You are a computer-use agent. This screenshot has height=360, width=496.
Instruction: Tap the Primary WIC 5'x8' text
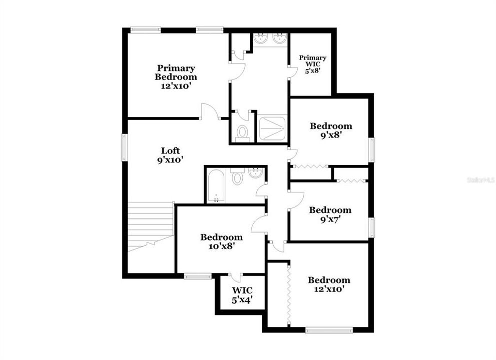pyautogui.click(x=313, y=64)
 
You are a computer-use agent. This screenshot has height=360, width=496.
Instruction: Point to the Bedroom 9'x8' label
pyautogui.click(x=330, y=130)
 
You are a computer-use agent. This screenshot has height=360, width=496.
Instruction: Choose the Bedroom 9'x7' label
pyautogui.click(x=330, y=214)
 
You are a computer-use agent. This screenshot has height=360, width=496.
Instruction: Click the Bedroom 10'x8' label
pyautogui.click(x=221, y=241)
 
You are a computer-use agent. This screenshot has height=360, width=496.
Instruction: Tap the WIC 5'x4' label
pyautogui.click(x=241, y=295)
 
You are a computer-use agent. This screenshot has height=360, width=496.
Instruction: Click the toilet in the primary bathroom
pyautogui.click(x=242, y=132)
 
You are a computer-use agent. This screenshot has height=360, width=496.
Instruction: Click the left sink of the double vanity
pyautogui.click(x=261, y=39)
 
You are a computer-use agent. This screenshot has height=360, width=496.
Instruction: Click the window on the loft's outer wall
pyautogui.click(x=125, y=147)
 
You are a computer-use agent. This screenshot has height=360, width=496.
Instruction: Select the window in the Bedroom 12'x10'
pyautogui.click(x=329, y=329)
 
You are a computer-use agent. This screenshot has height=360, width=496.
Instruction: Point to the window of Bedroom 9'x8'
pyautogui.click(x=371, y=150)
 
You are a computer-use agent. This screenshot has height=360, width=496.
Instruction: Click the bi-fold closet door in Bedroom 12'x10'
pyautogui.click(x=289, y=295)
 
